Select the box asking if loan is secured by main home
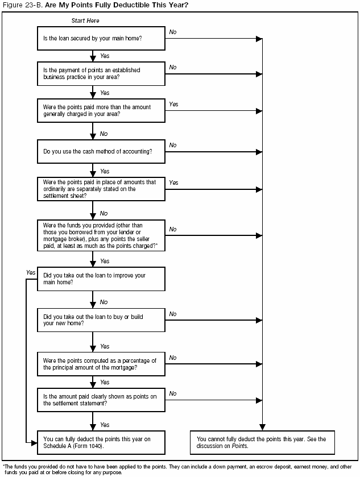click(x=101, y=39)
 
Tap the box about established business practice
click(x=101, y=73)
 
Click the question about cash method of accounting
click(x=101, y=152)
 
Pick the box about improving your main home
click(x=101, y=279)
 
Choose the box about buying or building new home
click(x=101, y=320)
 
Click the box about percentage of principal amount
click(x=101, y=363)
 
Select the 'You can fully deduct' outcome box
click(x=101, y=442)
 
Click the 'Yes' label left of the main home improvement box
click(x=31, y=273)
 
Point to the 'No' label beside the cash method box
click(x=173, y=146)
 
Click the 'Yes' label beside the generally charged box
click(x=173, y=105)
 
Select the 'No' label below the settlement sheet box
click(x=104, y=214)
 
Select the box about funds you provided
click(x=101, y=235)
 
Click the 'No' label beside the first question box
click(x=173, y=32)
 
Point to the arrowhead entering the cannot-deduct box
click(x=262, y=427)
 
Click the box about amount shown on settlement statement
click(x=101, y=399)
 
